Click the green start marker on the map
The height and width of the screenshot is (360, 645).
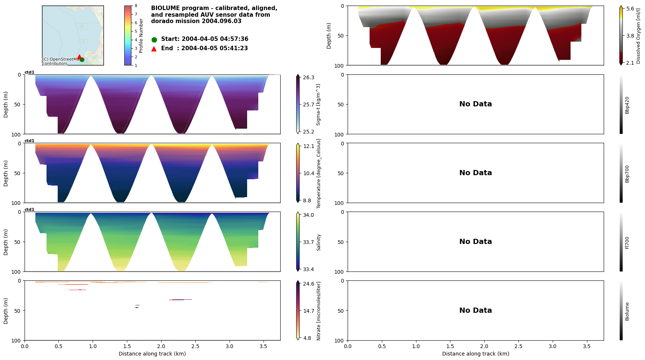[x=82, y=60]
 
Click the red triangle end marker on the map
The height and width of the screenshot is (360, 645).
[x=79, y=57]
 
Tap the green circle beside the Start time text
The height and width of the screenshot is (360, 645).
[x=154, y=40]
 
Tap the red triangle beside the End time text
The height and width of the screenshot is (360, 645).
[x=154, y=49]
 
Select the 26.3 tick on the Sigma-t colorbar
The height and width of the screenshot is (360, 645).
[x=308, y=77]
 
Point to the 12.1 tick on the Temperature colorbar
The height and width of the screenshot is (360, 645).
[x=309, y=146]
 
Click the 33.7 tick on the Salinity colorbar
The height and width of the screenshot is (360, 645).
[x=308, y=242]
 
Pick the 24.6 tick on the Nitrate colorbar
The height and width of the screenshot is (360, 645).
[x=309, y=284]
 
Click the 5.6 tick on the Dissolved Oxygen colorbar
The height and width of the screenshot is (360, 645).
[x=630, y=9]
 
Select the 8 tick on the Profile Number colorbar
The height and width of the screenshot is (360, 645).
[x=136, y=6]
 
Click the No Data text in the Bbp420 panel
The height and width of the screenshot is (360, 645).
[x=475, y=104]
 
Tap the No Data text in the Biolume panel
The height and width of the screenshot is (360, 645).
[x=475, y=311]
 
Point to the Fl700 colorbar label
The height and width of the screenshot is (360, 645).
[x=627, y=242]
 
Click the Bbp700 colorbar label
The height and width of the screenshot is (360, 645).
[x=627, y=174]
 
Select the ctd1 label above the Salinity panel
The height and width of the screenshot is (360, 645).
[x=29, y=210]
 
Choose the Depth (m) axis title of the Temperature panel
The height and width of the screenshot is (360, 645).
[x=6, y=173]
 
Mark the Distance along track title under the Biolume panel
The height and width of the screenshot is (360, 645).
[x=475, y=354]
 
